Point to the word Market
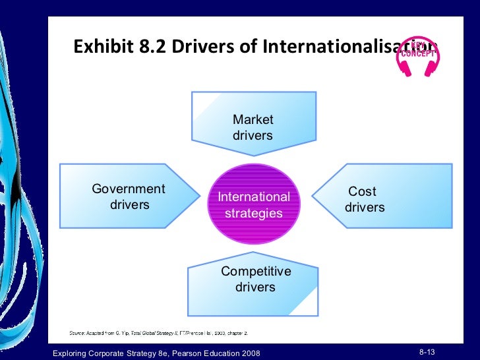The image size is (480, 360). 253,119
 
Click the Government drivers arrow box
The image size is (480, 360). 129,196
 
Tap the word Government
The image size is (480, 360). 129,189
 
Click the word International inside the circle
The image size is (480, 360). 254,196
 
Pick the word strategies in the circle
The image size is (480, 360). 254,213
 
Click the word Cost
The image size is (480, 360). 362,191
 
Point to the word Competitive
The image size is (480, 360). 256,272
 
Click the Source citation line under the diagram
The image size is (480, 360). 158,334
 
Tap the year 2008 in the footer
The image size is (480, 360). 247,355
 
